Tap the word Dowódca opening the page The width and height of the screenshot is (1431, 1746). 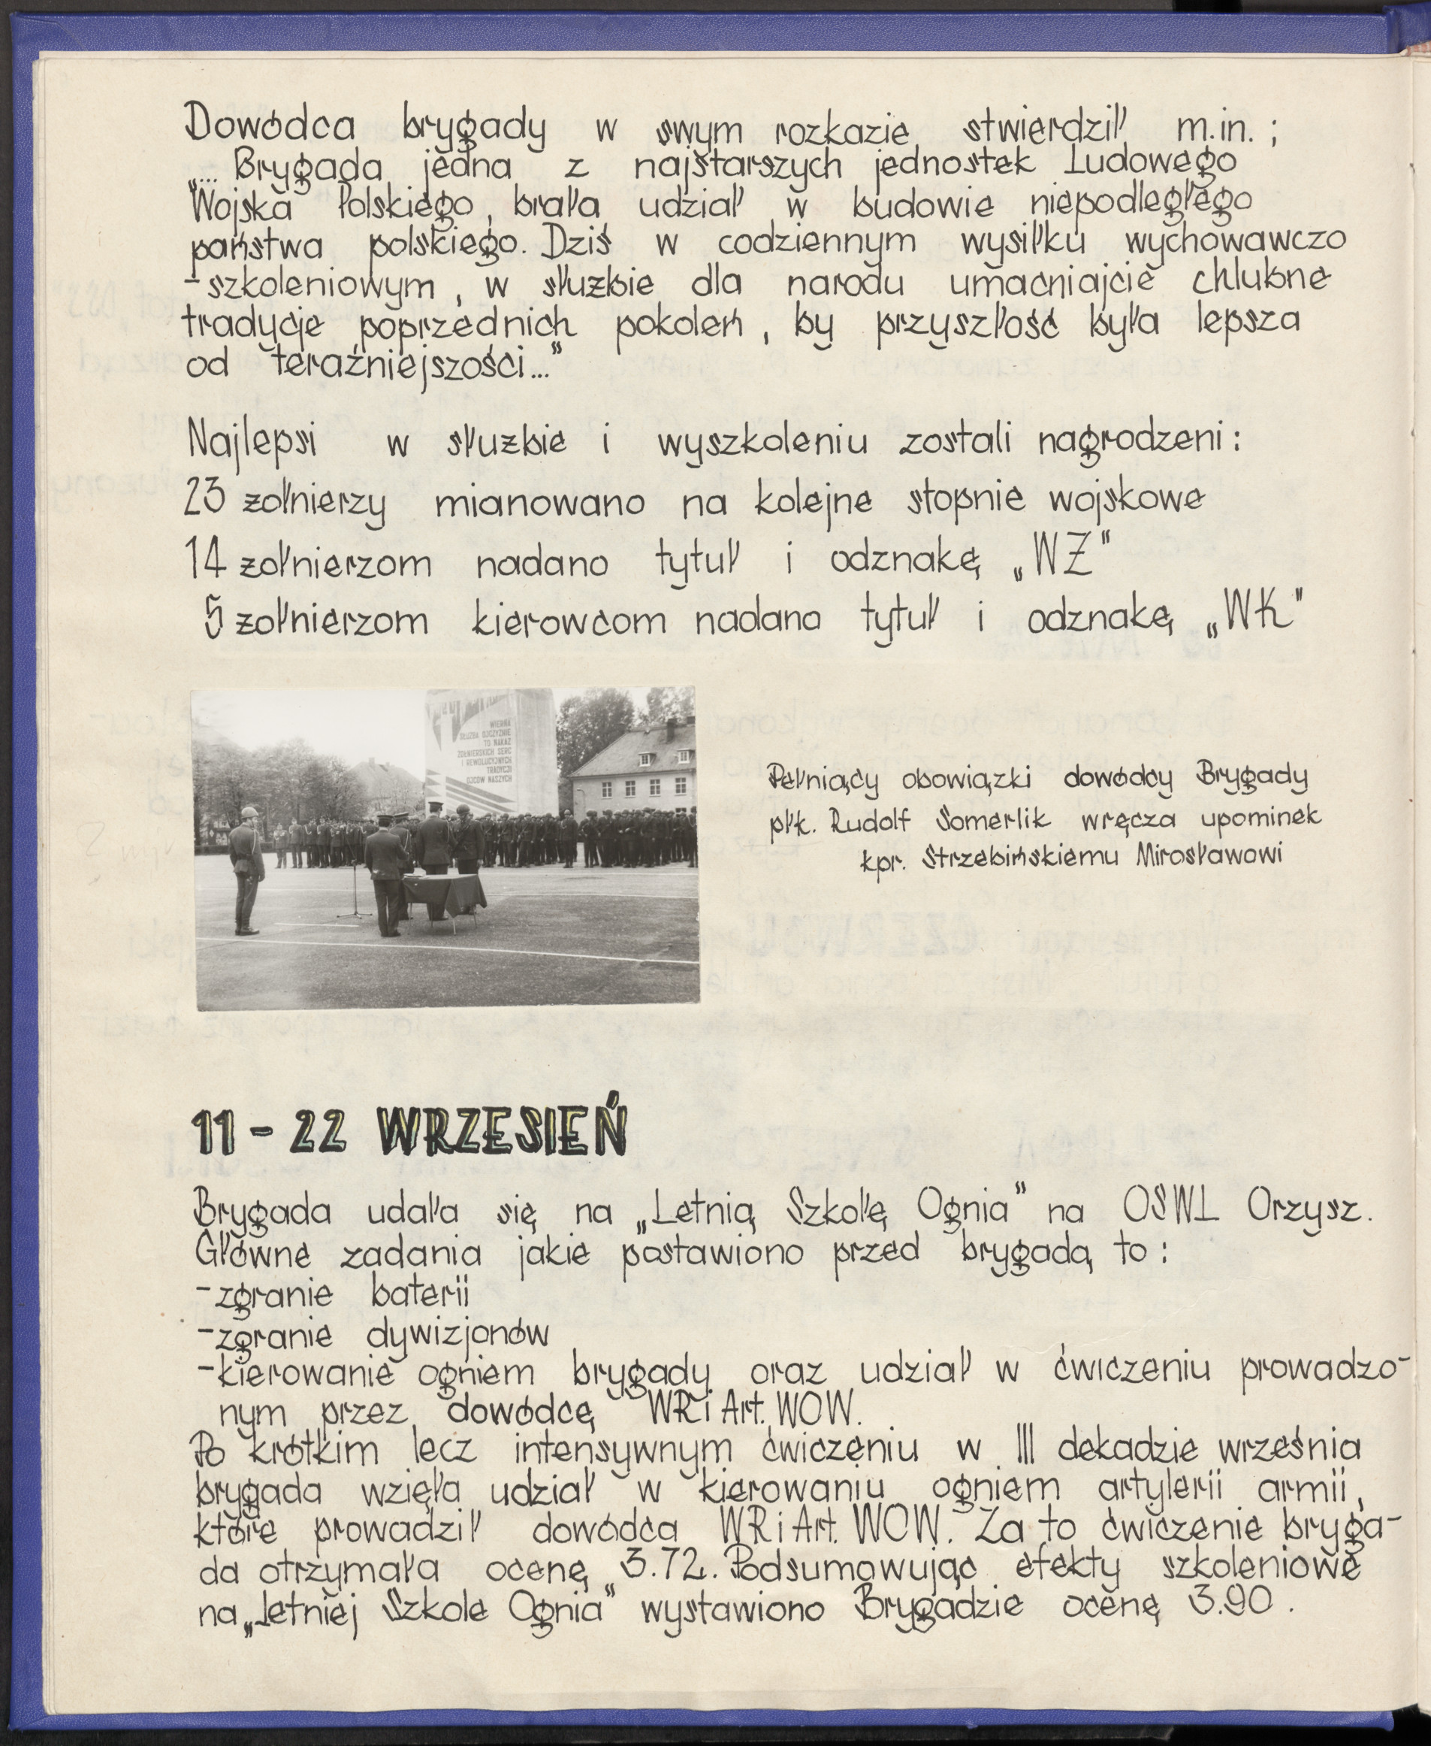[x=272, y=126]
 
